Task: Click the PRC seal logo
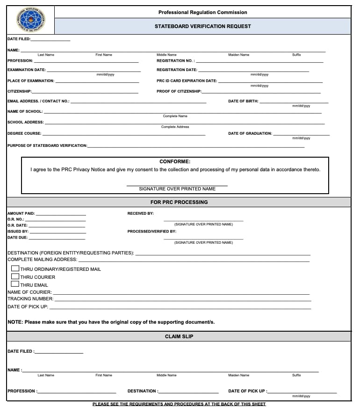click(31, 20)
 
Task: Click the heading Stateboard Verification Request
click(202, 27)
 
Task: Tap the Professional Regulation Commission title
click(202, 12)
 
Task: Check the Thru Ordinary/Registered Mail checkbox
click(15, 269)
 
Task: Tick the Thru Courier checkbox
click(15, 276)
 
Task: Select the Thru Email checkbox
click(15, 284)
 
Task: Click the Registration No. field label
click(175, 61)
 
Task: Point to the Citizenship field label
click(20, 91)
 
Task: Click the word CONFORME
click(175, 161)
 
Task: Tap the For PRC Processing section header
click(179, 202)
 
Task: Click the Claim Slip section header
click(179, 336)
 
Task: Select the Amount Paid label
click(21, 213)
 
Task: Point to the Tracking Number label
click(30, 298)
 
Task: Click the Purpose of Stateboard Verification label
click(47, 145)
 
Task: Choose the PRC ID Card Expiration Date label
click(187, 81)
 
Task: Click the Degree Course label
click(24, 133)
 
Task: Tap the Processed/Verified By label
click(151, 231)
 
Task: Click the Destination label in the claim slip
click(143, 391)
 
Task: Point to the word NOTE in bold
click(15, 322)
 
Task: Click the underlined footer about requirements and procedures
click(179, 404)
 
